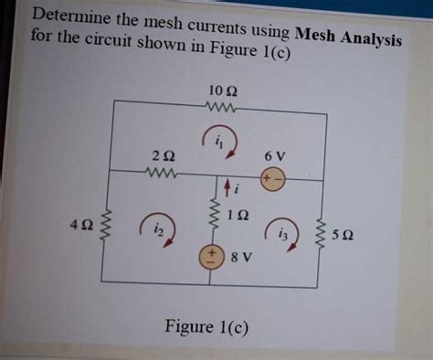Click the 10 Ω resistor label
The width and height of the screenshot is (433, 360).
[222, 91]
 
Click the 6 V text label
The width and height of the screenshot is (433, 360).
[275, 155]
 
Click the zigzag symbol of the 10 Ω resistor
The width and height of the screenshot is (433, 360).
[222, 108]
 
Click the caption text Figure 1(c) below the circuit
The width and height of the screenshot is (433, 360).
[205, 326]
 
